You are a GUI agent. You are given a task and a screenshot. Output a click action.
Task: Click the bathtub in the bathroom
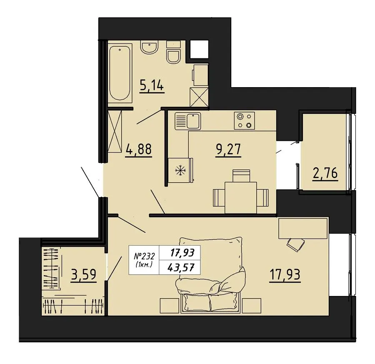point(120,73)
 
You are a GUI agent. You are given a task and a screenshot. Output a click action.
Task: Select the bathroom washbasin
point(149,47)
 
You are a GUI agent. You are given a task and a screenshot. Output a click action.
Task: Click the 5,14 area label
point(152,85)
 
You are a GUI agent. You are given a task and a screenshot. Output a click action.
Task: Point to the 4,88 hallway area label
point(138,150)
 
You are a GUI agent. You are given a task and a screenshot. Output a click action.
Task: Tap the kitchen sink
point(188,121)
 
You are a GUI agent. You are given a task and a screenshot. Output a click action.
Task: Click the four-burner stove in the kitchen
point(244,120)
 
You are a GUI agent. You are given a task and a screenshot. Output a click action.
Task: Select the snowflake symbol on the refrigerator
point(180,171)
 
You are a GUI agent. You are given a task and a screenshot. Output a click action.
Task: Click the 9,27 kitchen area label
point(228,150)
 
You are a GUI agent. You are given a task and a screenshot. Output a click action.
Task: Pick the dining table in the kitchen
point(240,198)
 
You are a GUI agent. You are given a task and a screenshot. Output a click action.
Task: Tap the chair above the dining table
point(241,176)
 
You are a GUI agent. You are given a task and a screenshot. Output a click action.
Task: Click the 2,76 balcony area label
point(325,173)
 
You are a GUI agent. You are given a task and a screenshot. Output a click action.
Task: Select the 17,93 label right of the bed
point(285,275)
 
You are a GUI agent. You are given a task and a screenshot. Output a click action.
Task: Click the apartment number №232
point(144,256)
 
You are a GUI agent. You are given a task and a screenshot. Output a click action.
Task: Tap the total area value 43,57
point(180,267)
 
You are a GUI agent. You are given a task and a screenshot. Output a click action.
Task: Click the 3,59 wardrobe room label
point(84,275)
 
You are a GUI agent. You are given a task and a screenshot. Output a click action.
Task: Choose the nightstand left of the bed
point(169,305)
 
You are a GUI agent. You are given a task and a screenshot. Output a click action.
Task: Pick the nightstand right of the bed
point(252,305)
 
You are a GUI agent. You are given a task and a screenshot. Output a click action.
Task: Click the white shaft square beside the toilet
point(199,49)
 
